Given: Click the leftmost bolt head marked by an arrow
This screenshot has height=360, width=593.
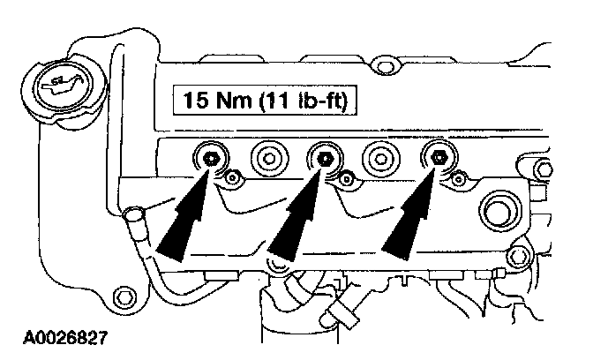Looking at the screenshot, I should (211, 159).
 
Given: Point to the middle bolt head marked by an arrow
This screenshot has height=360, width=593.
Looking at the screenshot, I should (324, 159).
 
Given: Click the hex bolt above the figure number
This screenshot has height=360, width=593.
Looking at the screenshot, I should (124, 294).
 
